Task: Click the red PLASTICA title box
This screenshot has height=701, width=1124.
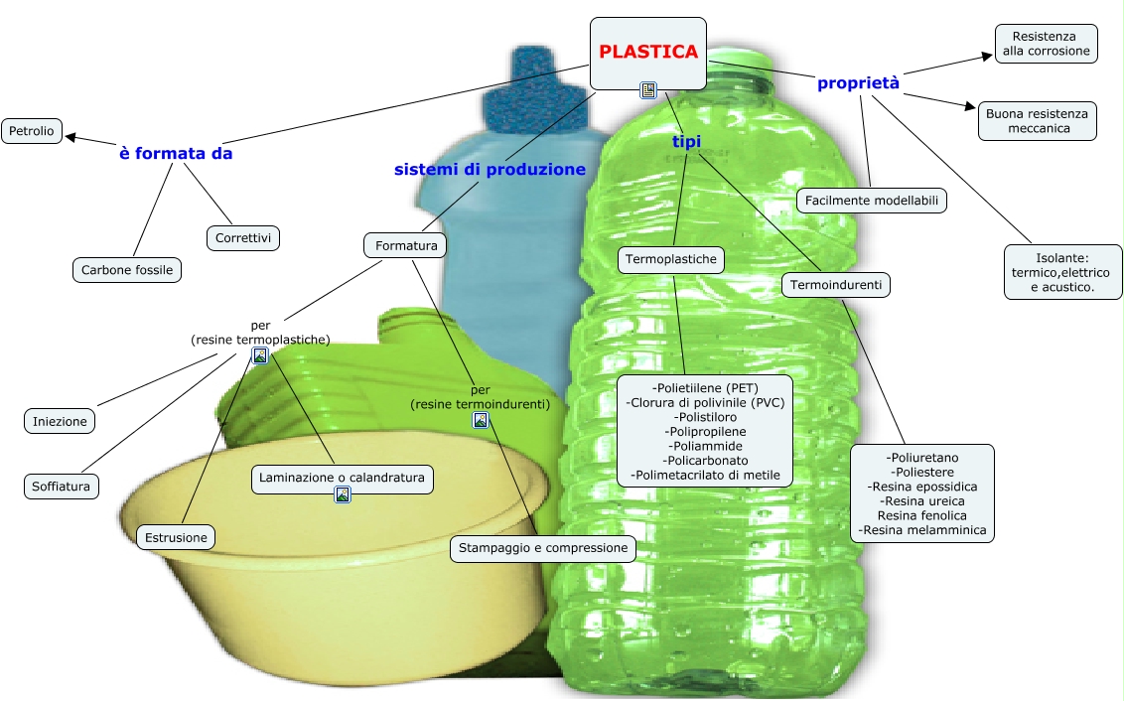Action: point(647,53)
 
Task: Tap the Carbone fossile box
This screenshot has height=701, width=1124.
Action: point(127,269)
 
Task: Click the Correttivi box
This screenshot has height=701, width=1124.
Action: point(243,238)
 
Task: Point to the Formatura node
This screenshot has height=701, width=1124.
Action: point(405,244)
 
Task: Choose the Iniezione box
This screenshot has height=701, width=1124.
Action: point(60,421)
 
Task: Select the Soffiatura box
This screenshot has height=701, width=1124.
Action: point(61,487)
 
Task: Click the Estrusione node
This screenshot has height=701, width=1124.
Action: point(176,537)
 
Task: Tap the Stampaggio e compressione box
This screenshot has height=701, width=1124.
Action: point(543,548)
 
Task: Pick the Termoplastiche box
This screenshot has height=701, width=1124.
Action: point(671,260)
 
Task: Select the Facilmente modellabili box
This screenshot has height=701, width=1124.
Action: point(872,201)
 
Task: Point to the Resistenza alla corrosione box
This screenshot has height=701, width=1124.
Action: point(1046,44)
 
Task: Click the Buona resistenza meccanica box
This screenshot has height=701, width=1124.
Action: point(1037,121)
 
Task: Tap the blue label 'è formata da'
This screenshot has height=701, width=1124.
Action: point(176,154)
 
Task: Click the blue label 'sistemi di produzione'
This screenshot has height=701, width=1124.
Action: point(490,170)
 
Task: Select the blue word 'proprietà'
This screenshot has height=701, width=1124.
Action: point(858,83)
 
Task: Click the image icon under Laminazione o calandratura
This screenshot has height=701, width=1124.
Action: point(343,494)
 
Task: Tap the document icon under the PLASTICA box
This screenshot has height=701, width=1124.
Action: point(648,91)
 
